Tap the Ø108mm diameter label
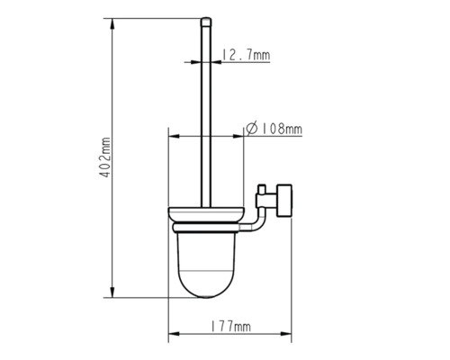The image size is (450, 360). [x=274, y=130]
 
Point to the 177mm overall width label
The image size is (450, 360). [x=229, y=327]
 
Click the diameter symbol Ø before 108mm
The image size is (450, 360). [x=251, y=130]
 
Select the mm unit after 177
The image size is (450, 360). [x=243, y=327]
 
